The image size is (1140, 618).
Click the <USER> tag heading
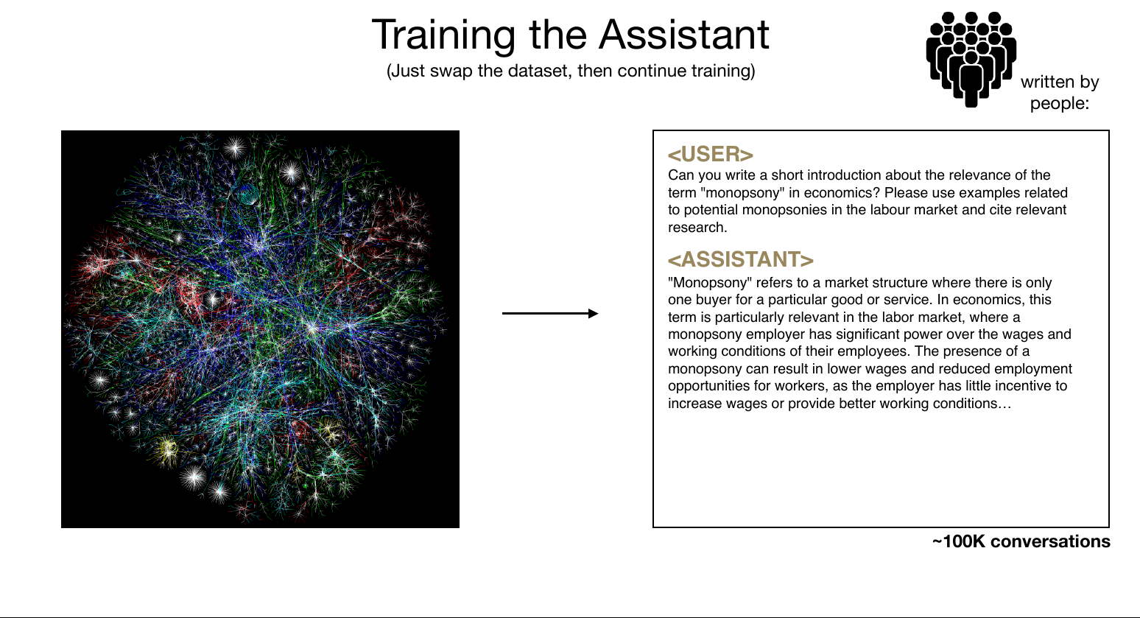711,154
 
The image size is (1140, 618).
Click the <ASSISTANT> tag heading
741,259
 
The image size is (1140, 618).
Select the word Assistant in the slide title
684,35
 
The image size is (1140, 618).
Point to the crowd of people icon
971,59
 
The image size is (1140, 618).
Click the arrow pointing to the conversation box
550,314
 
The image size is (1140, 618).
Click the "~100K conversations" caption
1021,541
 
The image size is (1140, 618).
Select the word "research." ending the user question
697,228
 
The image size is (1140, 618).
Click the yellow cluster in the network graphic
167,449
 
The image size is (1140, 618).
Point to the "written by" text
1060,82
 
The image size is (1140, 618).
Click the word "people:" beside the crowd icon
1060,103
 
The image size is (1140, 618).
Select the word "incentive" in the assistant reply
1008,386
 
